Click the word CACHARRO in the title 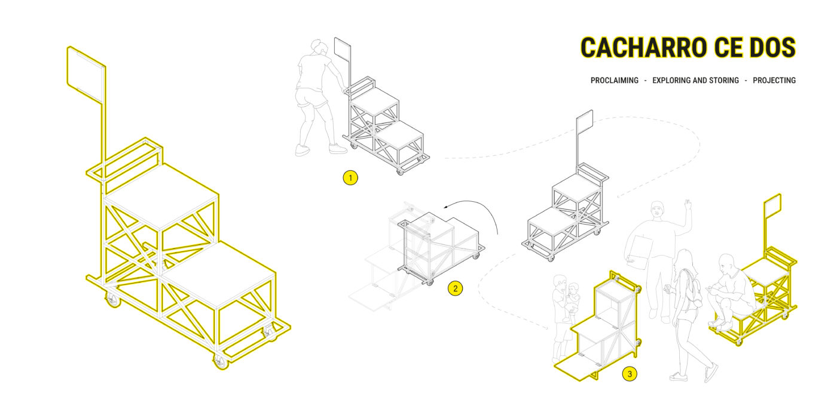pyautogui.click(x=643, y=47)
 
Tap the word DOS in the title pyautogui.click(x=772, y=47)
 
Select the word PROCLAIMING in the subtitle pyautogui.click(x=615, y=80)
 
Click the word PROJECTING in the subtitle pyautogui.click(x=774, y=80)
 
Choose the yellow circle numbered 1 pyautogui.click(x=350, y=178)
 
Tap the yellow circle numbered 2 pyautogui.click(x=455, y=288)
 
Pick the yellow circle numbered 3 pyautogui.click(x=630, y=374)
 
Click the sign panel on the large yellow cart pyautogui.click(x=86, y=74)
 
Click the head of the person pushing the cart pyautogui.click(x=317, y=47)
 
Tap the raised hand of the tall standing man pyautogui.click(x=687, y=205)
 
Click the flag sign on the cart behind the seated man pyautogui.click(x=772, y=206)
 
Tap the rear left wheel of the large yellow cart pyautogui.click(x=112, y=300)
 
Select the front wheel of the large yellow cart pyautogui.click(x=221, y=362)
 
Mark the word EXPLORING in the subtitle pyautogui.click(x=671, y=80)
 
